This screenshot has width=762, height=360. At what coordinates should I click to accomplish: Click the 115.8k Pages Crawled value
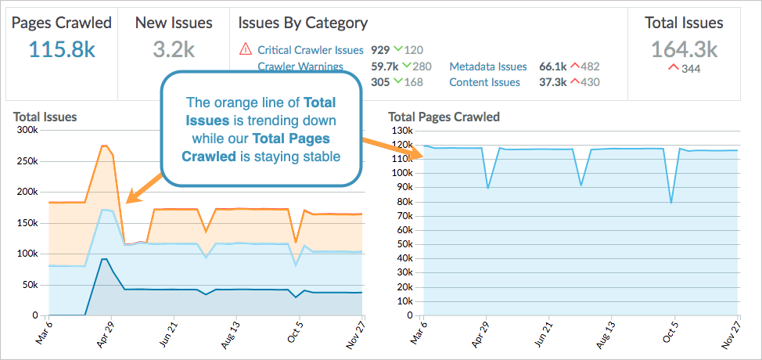click(62, 49)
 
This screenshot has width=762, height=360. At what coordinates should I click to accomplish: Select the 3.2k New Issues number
click(173, 49)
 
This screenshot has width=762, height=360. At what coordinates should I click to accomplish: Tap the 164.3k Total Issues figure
click(684, 49)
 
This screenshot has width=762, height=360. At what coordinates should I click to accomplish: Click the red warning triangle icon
click(245, 50)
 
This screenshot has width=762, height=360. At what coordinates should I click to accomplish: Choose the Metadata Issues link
click(487, 67)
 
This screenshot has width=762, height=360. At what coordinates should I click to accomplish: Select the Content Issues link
click(484, 82)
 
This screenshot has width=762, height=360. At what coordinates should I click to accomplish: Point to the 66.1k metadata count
click(553, 67)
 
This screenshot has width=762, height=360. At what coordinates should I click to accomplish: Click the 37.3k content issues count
click(553, 82)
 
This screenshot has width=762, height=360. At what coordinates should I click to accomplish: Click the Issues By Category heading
click(302, 23)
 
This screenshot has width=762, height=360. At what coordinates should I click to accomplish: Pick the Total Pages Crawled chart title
click(444, 117)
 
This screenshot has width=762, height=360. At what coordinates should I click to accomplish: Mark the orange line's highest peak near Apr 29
click(104, 146)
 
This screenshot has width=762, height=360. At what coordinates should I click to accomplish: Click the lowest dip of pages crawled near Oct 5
click(671, 203)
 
